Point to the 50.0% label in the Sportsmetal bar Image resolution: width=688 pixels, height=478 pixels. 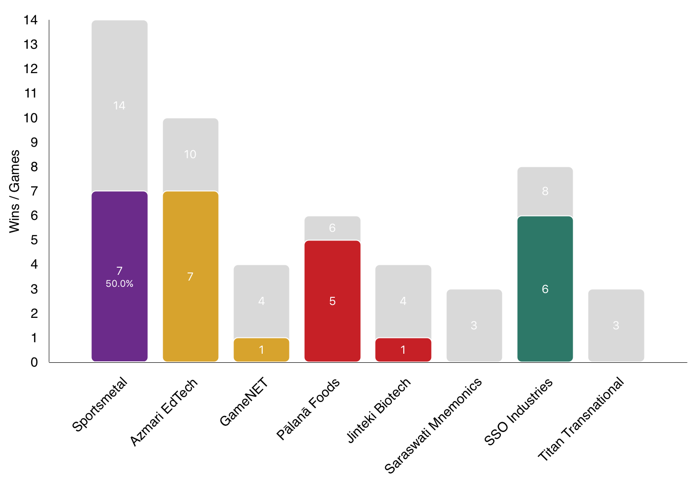click(119, 283)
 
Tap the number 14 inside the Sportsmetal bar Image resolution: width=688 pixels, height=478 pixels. click(119, 106)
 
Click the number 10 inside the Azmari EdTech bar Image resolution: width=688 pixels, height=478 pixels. click(190, 154)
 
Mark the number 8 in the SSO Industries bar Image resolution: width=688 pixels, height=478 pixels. click(545, 191)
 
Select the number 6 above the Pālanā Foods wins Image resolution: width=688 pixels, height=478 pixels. click(332, 228)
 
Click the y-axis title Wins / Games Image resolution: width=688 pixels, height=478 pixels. click(15, 191)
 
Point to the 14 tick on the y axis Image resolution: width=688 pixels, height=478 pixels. click(31, 20)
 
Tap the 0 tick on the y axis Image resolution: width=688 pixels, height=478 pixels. click(34, 362)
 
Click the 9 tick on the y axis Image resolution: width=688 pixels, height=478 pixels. click(34, 142)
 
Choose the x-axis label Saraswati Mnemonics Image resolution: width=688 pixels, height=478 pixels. click(433, 424)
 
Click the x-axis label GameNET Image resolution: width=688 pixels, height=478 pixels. click(244, 401)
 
